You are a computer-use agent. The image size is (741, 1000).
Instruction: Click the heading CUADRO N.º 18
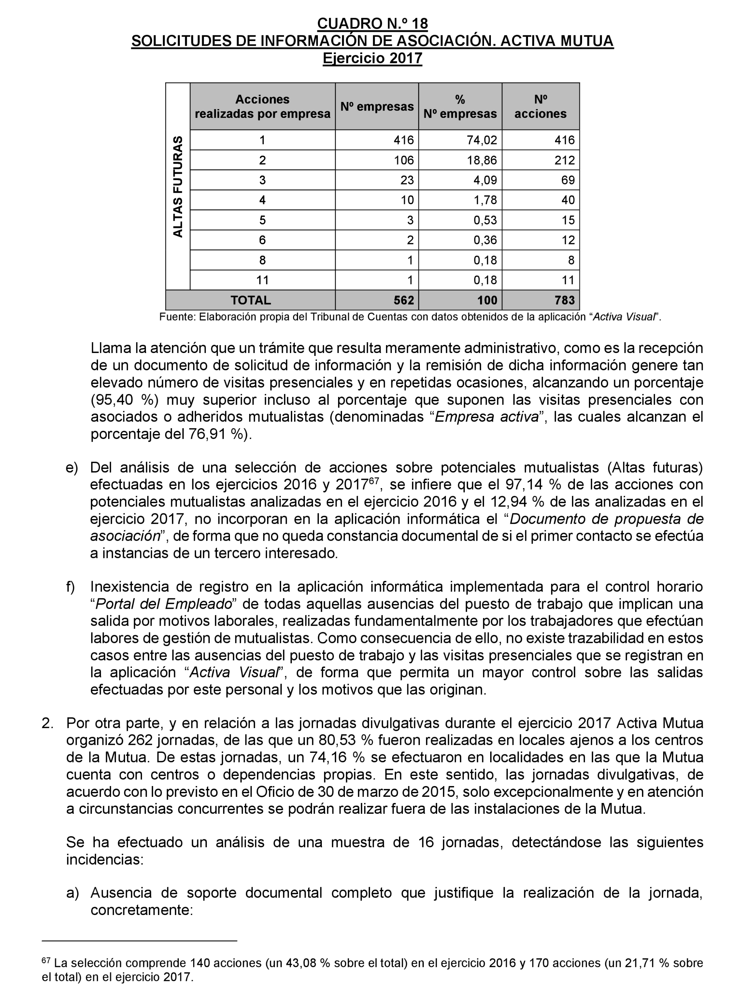(x=372, y=23)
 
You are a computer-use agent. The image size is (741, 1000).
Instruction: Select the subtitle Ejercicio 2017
(x=372, y=58)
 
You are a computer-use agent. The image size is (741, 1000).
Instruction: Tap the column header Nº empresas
(x=377, y=107)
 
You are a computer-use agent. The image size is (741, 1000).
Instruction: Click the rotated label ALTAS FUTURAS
(x=178, y=187)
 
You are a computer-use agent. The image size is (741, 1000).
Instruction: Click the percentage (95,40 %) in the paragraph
(x=123, y=400)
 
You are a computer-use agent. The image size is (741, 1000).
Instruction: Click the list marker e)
(x=72, y=468)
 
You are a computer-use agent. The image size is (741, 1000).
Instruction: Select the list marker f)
(x=70, y=587)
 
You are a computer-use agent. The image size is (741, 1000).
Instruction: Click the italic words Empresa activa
(x=486, y=417)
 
